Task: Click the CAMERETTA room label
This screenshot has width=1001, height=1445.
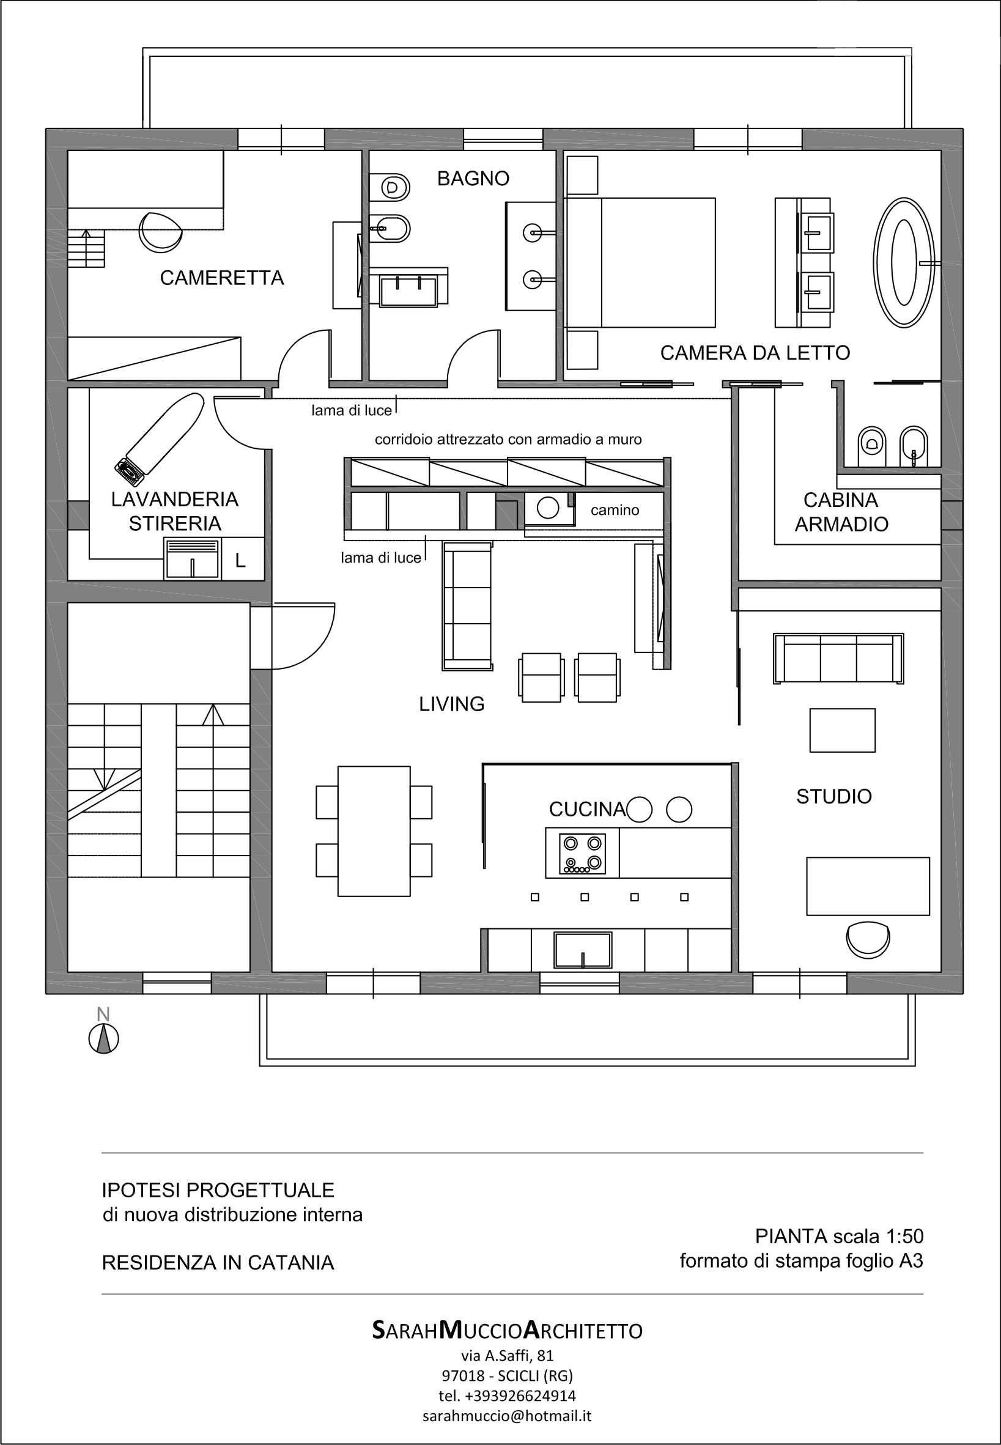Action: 221,277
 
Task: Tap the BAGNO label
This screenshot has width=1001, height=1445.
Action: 473,179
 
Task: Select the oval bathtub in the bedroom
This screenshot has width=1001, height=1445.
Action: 904,263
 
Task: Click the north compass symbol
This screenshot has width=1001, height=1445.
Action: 104,1038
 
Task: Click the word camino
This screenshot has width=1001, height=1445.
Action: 615,510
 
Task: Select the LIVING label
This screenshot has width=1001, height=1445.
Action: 451,704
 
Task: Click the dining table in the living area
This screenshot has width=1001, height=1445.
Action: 374,830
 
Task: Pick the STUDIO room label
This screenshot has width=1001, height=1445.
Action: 833,797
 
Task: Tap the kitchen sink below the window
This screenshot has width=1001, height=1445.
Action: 582,949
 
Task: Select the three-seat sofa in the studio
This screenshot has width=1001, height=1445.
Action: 838,658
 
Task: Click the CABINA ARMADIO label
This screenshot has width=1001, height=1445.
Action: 841,512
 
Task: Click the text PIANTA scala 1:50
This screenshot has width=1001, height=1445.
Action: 838,1236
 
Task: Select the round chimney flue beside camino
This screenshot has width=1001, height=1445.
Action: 547,508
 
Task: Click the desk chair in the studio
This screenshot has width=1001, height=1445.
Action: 868,938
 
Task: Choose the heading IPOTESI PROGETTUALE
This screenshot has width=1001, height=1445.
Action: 218,1190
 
